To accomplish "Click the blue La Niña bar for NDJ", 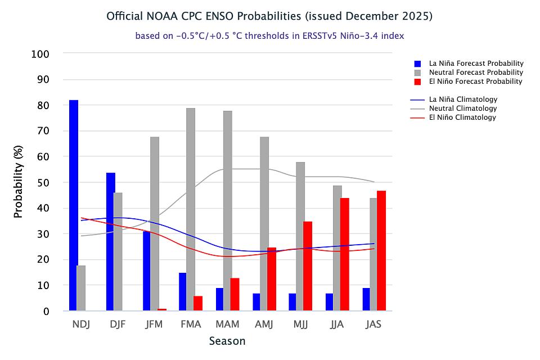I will (x=74, y=205).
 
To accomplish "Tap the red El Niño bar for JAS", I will (x=381, y=251).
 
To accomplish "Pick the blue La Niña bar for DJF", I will (x=111, y=242).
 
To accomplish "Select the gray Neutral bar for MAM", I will (x=227, y=211).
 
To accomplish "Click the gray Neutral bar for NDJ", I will (x=81, y=288).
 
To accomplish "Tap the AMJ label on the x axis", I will (x=264, y=325).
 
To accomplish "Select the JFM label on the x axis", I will (x=154, y=325).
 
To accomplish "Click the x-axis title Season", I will (x=227, y=341).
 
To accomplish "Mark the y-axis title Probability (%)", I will (x=19, y=183).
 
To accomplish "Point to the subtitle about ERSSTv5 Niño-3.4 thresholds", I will (x=269, y=35).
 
